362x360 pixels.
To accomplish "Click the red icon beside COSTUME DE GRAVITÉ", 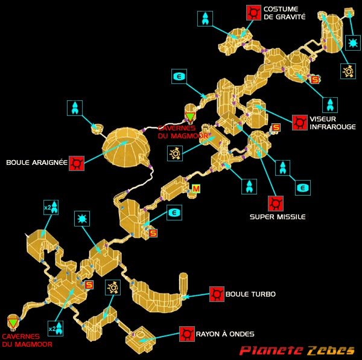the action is coord(253,13).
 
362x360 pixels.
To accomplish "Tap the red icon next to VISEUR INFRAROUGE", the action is coord(300,123).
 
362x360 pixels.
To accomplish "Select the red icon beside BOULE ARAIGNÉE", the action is coord(77,163).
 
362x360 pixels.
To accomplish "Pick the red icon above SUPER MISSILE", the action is coord(276,204).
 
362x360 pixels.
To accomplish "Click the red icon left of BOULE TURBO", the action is coord(217,294).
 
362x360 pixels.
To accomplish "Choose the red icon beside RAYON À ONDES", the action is coord(187,333).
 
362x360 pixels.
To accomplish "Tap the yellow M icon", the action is coord(195,189).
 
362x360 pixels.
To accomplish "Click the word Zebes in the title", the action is coord(331,350).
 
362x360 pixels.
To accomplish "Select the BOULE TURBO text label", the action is coord(250,294).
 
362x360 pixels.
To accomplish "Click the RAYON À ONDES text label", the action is coord(225,334).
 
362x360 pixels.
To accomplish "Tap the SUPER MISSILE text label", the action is coord(278,217).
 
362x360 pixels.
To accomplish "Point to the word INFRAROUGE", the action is coord(332,127).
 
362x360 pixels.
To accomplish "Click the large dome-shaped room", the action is coord(126,147).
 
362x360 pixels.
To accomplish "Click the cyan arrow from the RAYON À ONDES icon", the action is coord(159,337).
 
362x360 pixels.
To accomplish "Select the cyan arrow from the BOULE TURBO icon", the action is coord(197,295).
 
